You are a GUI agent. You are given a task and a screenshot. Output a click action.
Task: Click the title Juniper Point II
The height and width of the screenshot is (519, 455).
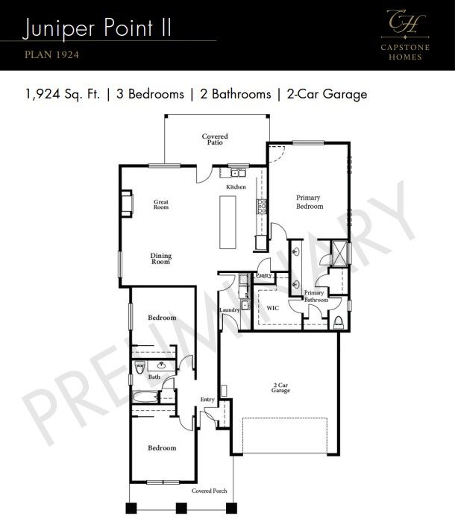pos(98,28)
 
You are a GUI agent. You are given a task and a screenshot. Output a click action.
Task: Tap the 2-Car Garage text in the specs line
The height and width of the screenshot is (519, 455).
pos(326,95)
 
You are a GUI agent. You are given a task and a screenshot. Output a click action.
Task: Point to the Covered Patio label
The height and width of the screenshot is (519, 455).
pos(215,139)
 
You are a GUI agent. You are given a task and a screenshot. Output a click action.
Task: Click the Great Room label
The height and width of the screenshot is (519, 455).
pos(161,204)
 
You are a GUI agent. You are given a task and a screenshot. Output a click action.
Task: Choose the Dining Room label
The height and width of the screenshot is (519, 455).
pos(161,259)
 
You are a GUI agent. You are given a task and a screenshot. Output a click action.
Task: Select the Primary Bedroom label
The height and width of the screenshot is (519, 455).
pos(309,202)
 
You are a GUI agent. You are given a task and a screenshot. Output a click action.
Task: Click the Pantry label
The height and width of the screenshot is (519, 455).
pos(263,275)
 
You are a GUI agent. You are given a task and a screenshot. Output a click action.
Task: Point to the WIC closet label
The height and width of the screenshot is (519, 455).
pos(272,307)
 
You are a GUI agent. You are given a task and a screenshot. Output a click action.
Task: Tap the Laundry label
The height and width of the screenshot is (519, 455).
pos(229,310)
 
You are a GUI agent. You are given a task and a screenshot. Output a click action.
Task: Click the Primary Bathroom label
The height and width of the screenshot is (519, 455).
pos(316,297)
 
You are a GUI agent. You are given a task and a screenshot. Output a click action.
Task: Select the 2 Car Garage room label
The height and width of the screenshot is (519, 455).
pos(280,388)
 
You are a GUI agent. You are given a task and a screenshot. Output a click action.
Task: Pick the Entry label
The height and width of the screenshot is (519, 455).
pos(207,400)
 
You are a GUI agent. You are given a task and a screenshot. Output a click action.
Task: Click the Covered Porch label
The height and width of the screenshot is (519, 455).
pos(209,491)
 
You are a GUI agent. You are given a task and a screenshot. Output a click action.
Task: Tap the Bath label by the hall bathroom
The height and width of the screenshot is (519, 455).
pos(154,377)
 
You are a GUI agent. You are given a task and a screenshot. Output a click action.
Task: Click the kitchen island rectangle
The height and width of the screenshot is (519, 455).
pos(228,221)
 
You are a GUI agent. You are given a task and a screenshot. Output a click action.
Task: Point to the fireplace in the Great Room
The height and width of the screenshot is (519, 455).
pos(127,202)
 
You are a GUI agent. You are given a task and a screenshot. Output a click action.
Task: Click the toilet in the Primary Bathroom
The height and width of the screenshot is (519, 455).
pos(339,321)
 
